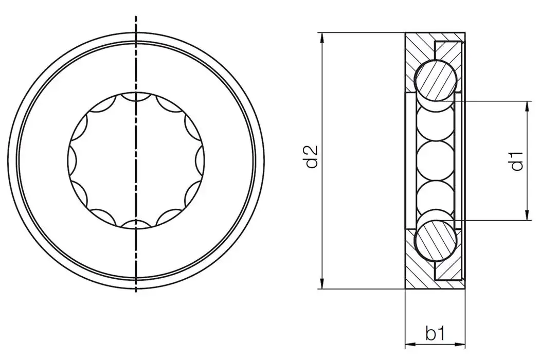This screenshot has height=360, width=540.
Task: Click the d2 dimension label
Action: point(312,157)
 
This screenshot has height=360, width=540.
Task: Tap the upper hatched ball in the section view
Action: point(436,79)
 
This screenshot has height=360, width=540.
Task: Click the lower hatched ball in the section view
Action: point(436,242)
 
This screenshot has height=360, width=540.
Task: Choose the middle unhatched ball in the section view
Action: point(436,160)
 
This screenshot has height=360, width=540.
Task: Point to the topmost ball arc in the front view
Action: point(135,96)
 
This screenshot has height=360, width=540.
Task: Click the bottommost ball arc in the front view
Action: point(135,223)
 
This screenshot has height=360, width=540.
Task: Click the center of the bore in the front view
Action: point(136,159)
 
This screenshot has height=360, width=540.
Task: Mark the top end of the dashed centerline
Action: point(136,18)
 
